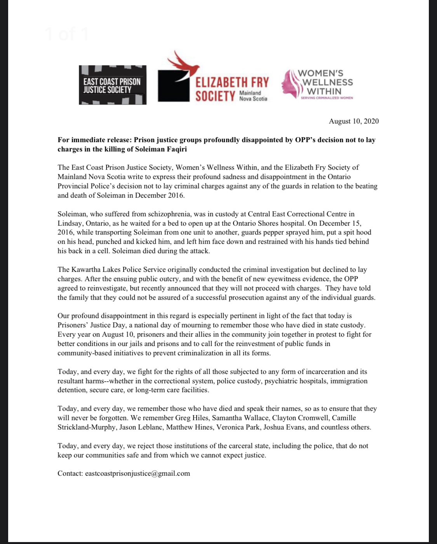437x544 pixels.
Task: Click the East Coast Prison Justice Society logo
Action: [113, 85]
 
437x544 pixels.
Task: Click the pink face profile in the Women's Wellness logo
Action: [291, 83]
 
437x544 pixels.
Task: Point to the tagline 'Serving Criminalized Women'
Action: [327, 98]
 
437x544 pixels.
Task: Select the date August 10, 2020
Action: [353, 121]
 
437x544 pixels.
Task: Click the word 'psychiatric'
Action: [283, 381]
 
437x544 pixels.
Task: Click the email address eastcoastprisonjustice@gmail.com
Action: [138, 473]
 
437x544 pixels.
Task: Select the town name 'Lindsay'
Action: [69, 223]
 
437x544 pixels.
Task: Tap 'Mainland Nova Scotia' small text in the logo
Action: [253, 96]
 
